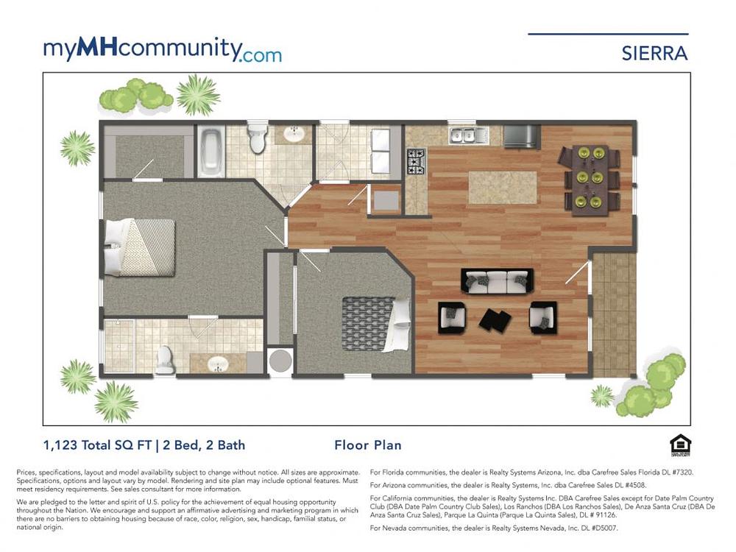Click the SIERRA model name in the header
click(x=654, y=54)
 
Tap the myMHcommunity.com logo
click(x=163, y=50)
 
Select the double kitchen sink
click(x=462, y=135)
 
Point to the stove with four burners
click(x=415, y=161)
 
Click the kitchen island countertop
click(x=503, y=187)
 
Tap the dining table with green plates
click(x=590, y=180)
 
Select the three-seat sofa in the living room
click(x=498, y=281)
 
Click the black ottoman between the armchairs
click(x=495, y=319)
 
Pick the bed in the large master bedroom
click(x=140, y=247)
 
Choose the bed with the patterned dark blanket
click(x=376, y=324)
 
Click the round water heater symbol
click(x=280, y=360)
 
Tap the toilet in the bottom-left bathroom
click(x=165, y=360)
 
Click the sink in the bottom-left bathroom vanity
click(x=217, y=364)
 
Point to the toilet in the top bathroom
click(x=257, y=137)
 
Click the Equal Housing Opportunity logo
click(x=679, y=446)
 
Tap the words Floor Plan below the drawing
click(x=368, y=445)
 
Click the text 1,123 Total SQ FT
click(x=97, y=445)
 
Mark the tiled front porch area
click(x=614, y=314)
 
